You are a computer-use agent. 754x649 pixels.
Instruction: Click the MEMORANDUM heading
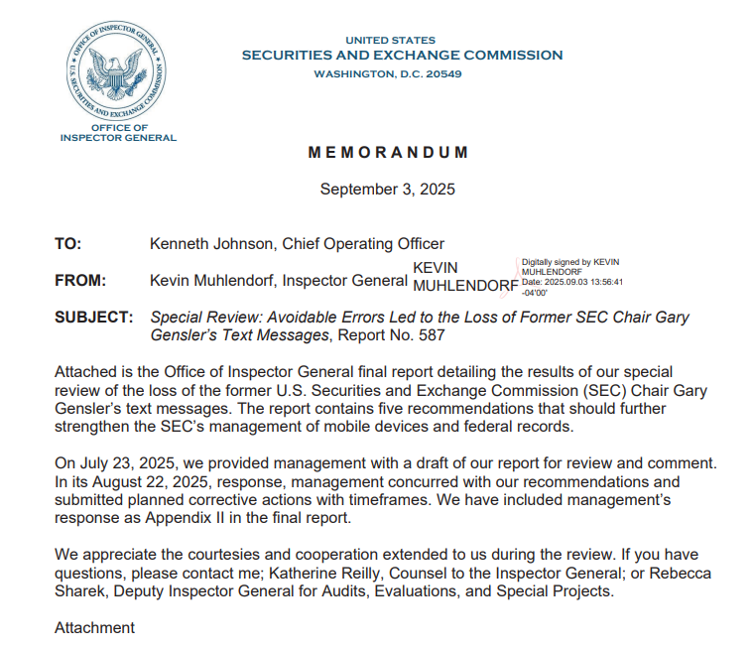[388, 153]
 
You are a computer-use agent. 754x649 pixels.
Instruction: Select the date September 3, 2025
[388, 190]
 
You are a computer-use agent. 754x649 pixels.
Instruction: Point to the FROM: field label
[80, 281]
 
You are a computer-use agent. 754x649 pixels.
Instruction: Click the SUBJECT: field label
[93, 318]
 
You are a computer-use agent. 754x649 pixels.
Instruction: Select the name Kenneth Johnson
[204, 243]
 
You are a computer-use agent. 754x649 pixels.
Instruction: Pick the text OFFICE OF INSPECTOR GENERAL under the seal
[119, 132]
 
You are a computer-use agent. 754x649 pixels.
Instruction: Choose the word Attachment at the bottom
[94, 627]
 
